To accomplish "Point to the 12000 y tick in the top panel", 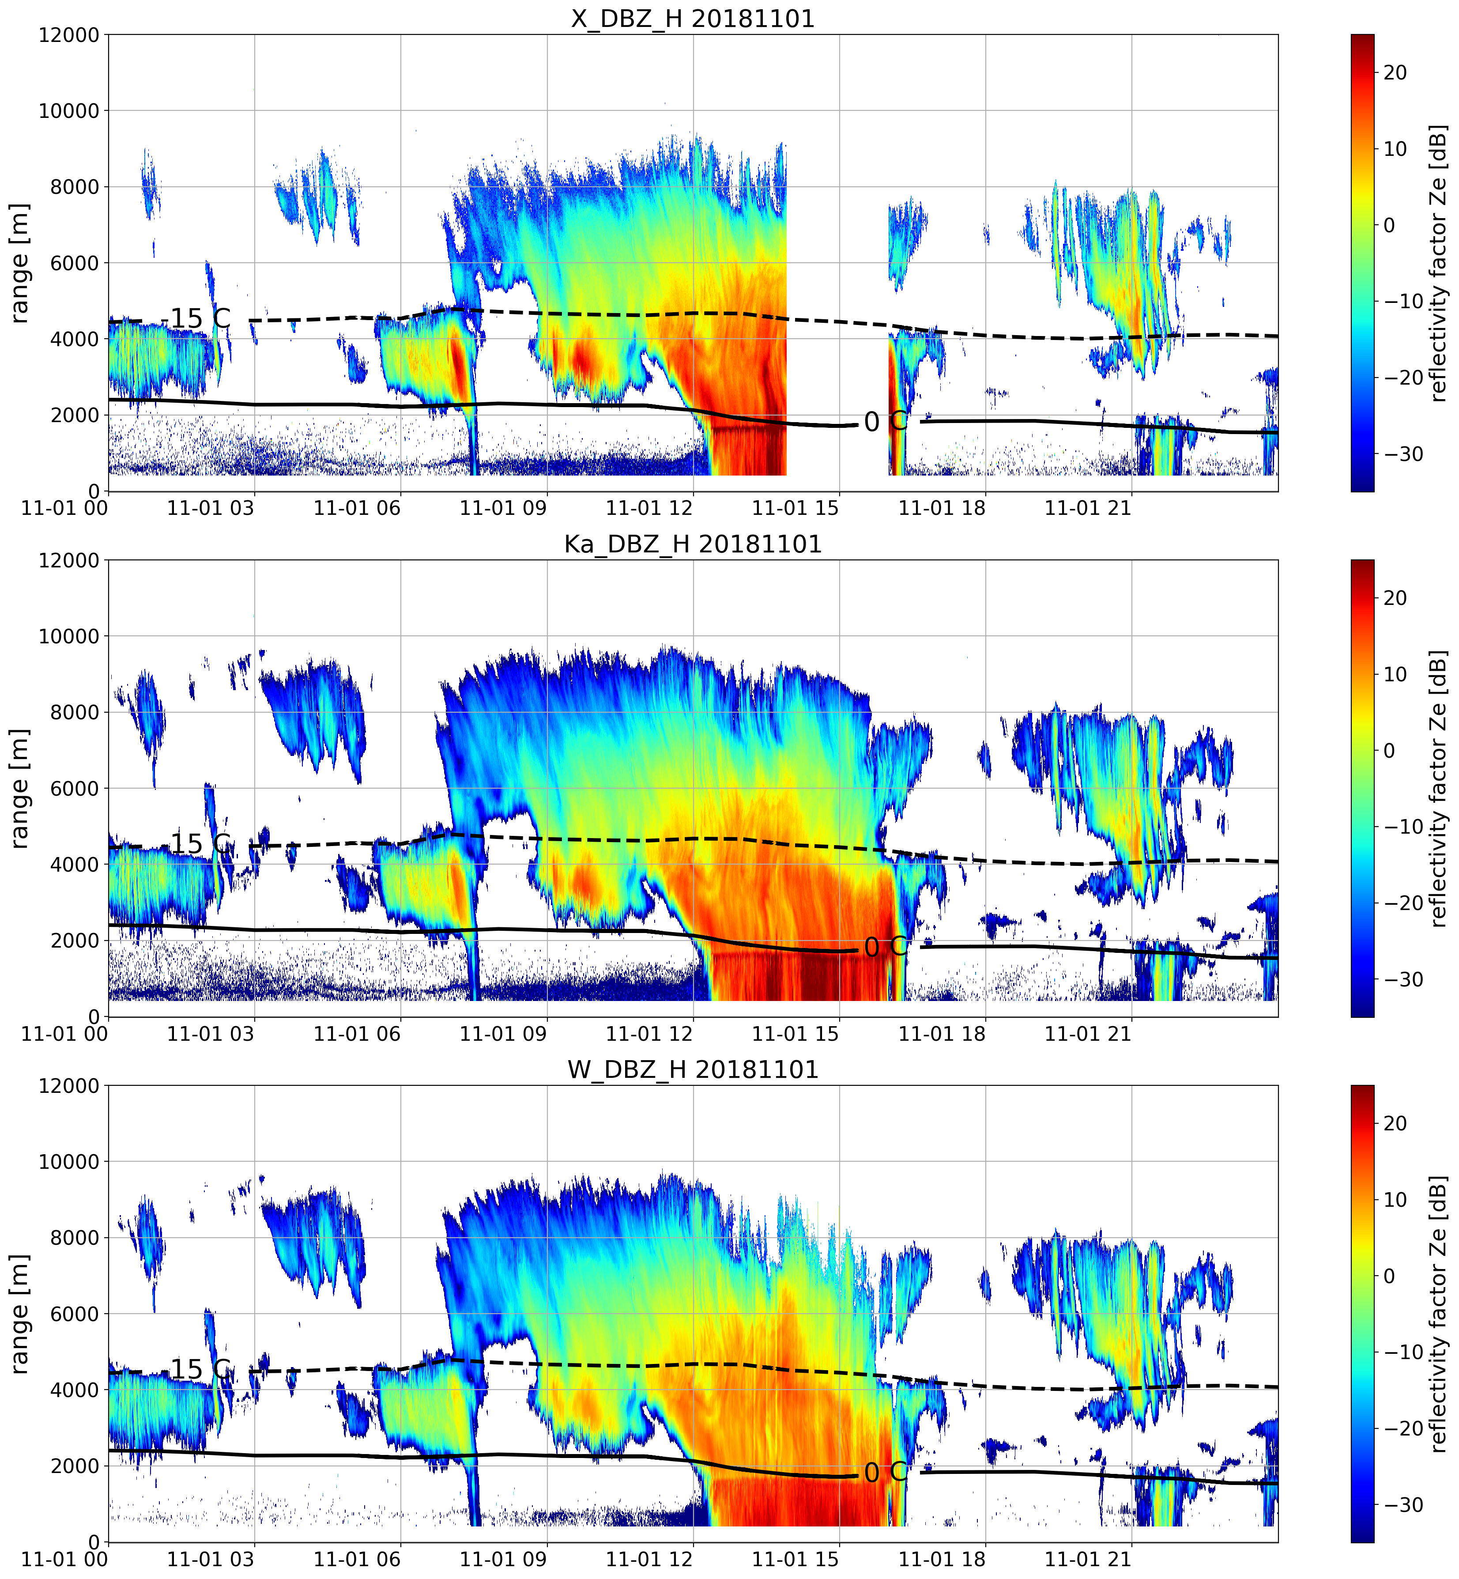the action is click(x=69, y=35).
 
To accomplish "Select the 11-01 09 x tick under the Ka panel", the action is click(x=503, y=1033).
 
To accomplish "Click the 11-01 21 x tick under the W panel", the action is click(x=1088, y=1559).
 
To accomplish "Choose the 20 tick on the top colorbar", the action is click(x=1395, y=72).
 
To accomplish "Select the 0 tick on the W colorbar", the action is click(x=1390, y=1276).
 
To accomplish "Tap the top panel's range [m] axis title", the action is click(x=19, y=263).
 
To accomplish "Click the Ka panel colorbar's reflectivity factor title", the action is click(x=1439, y=788).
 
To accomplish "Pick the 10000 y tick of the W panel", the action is click(x=69, y=1161).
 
